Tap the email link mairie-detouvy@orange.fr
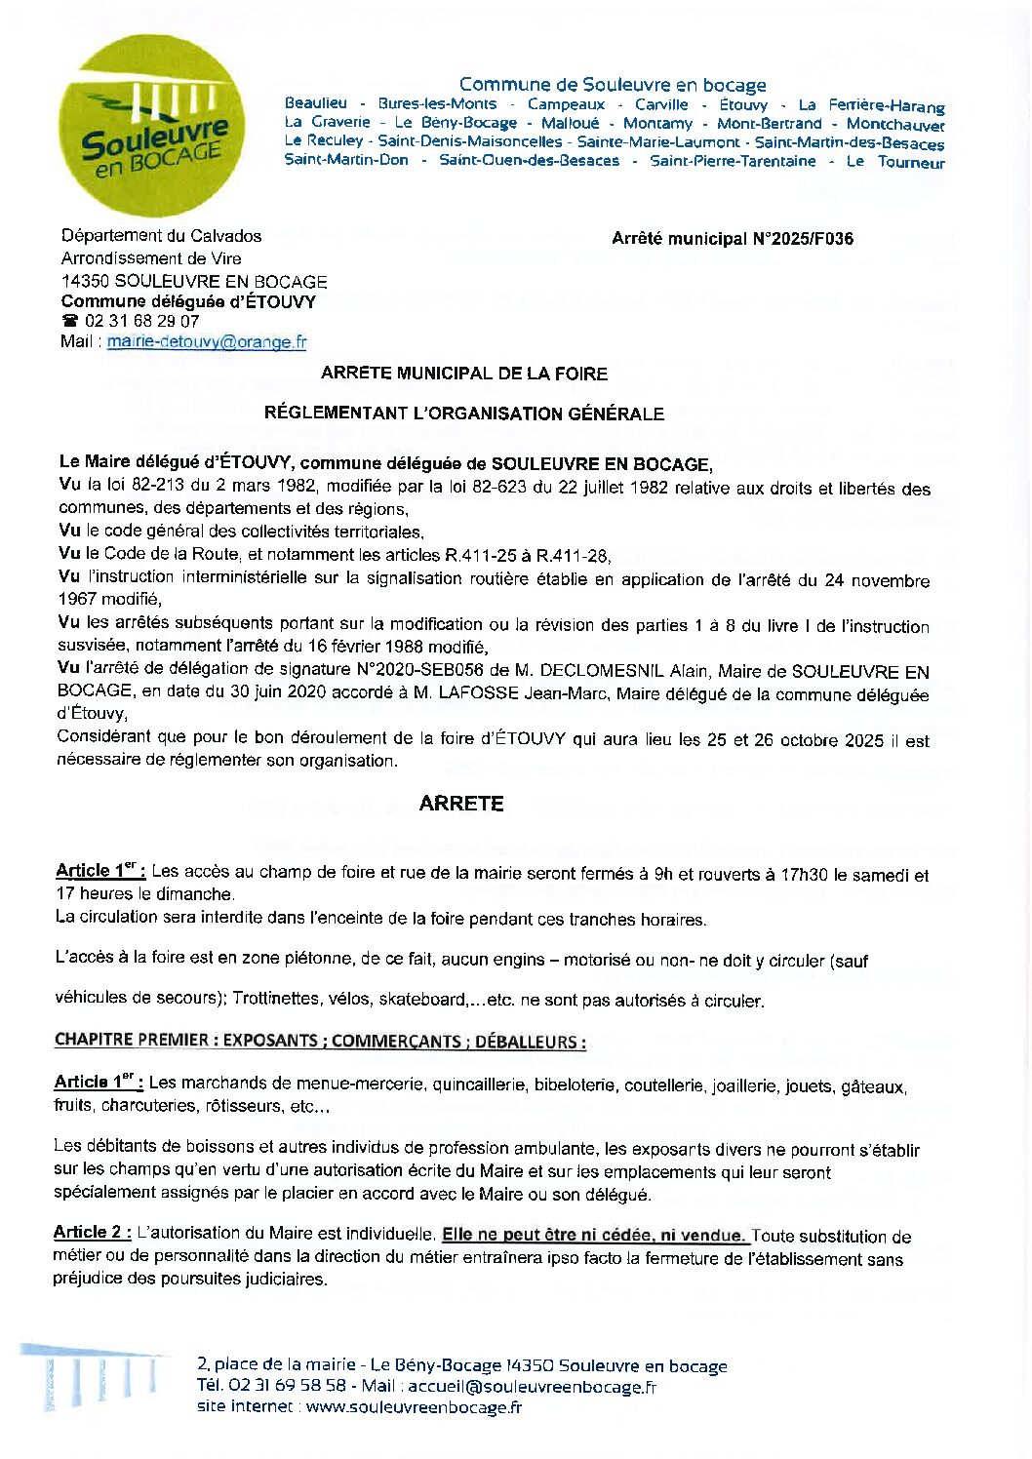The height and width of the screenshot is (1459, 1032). [x=207, y=341]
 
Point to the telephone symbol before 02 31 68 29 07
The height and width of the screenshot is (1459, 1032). [x=69, y=321]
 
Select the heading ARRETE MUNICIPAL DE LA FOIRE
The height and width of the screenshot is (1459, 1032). [x=464, y=373]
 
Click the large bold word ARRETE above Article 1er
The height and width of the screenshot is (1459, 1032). [x=461, y=803]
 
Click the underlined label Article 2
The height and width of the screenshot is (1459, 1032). [x=92, y=1233]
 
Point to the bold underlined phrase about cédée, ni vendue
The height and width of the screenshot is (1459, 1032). [x=595, y=1235]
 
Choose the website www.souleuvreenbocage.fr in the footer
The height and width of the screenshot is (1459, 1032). [x=414, y=1406]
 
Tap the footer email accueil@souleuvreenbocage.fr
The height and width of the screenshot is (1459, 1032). [x=532, y=1386]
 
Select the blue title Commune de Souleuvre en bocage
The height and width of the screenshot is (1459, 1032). [x=613, y=85]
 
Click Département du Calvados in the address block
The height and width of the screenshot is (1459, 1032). [x=162, y=235]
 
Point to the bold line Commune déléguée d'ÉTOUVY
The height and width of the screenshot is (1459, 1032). [x=188, y=301]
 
